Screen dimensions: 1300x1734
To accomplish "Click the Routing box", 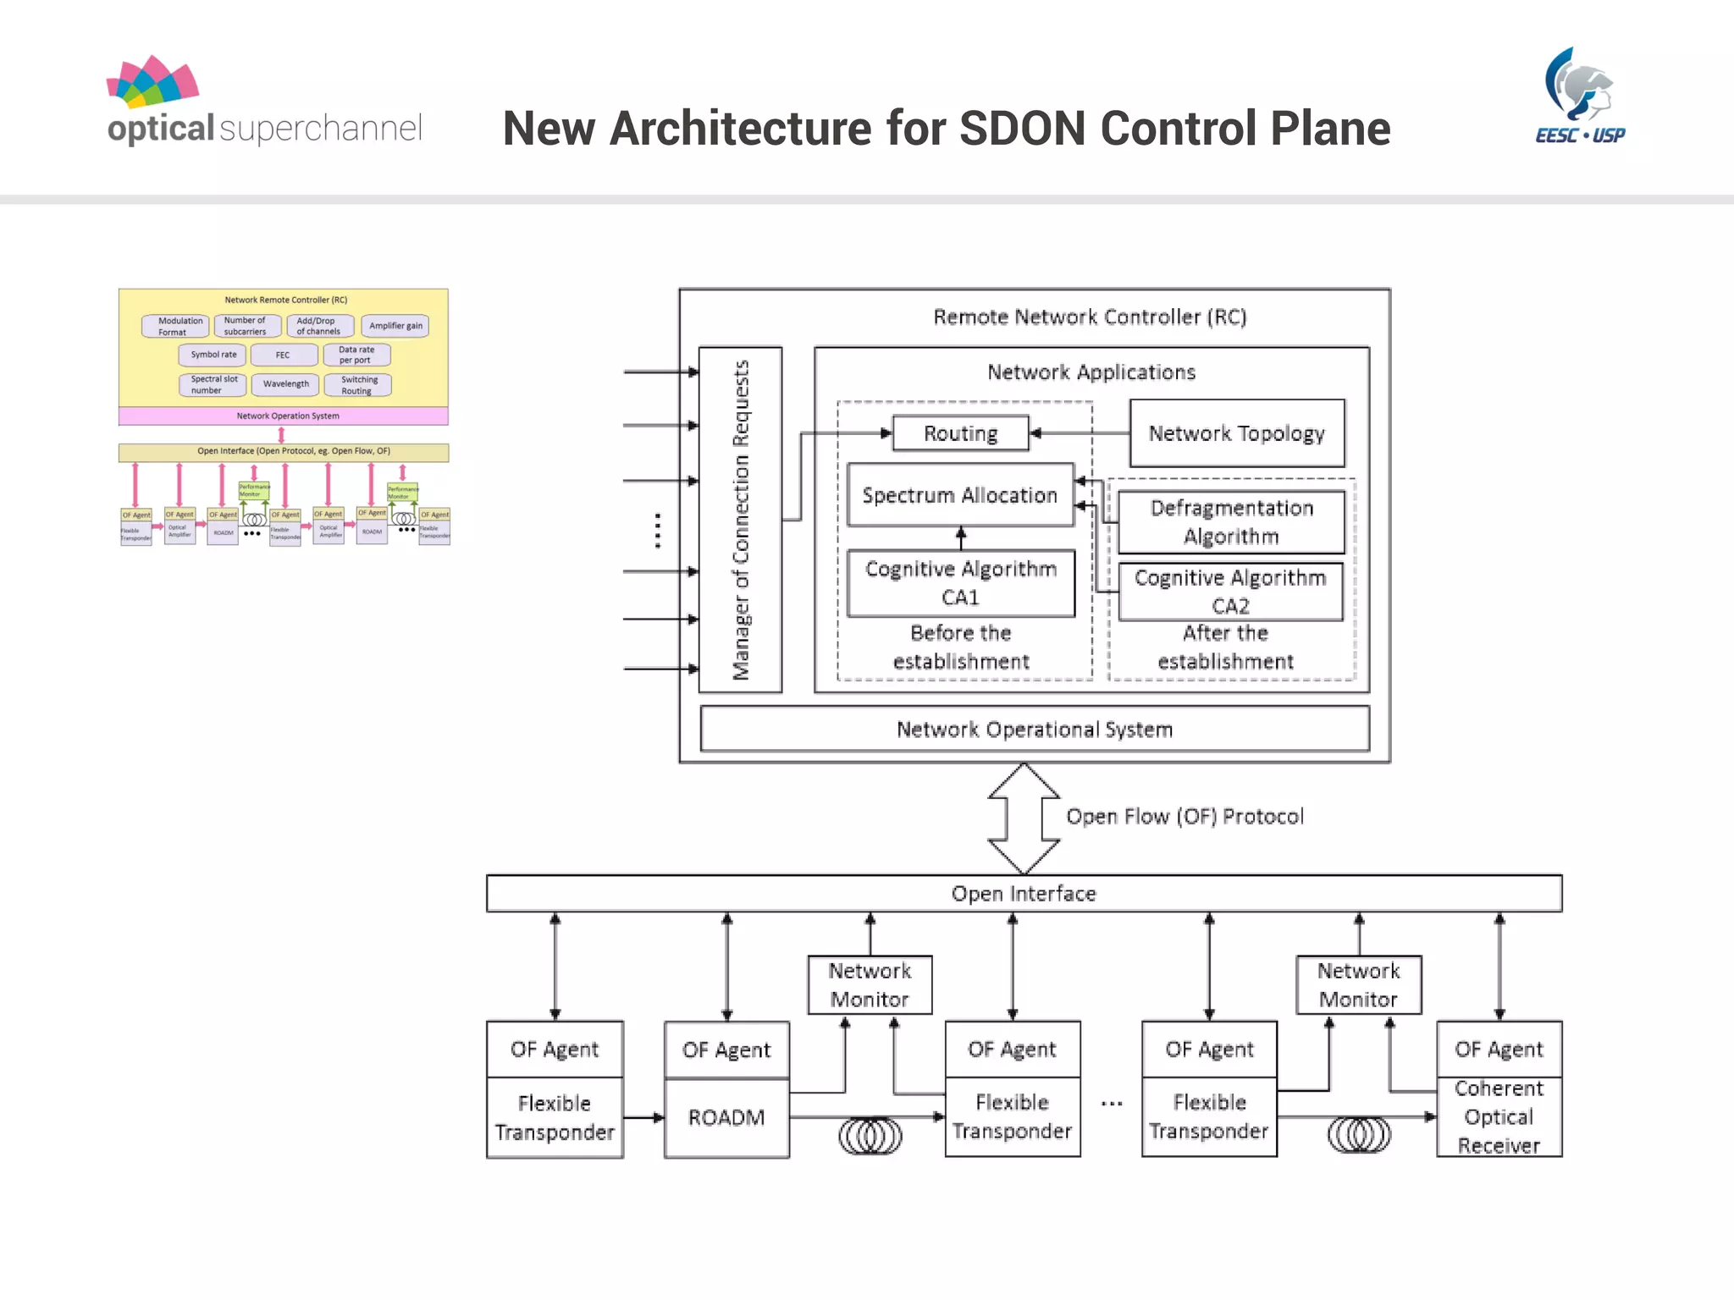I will [x=960, y=433].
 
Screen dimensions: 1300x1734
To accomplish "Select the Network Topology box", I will [x=1236, y=433].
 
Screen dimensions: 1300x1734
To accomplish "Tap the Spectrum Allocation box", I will [x=960, y=495].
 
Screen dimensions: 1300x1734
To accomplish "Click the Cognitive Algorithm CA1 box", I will [x=961, y=583].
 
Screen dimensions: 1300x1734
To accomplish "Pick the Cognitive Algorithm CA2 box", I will [x=1230, y=592].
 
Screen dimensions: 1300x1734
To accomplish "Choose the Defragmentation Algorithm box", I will [x=1231, y=522].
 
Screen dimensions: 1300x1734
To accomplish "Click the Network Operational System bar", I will [x=1035, y=730].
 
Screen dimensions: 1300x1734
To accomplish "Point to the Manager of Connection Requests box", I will [x=740, y=520].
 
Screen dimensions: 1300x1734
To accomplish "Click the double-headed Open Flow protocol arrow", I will [x=1024, y=818].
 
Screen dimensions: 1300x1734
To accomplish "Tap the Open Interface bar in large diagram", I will [x=1024, y=894].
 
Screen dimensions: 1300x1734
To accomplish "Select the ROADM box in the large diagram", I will [x=726, y=1118].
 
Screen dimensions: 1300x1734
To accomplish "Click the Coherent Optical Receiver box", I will [x=1499, y=1117].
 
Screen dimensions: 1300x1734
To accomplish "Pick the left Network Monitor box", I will [x=870, y=985].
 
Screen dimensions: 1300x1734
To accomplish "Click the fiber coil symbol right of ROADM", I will [x=870, y=1136].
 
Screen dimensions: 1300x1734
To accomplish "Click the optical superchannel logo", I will [x=263, y=102].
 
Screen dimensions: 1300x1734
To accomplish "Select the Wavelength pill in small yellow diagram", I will [x=285, y=384].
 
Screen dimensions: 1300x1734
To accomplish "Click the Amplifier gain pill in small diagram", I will [x=395, y=326].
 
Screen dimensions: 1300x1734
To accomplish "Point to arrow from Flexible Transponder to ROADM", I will [x=643, y=1118].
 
